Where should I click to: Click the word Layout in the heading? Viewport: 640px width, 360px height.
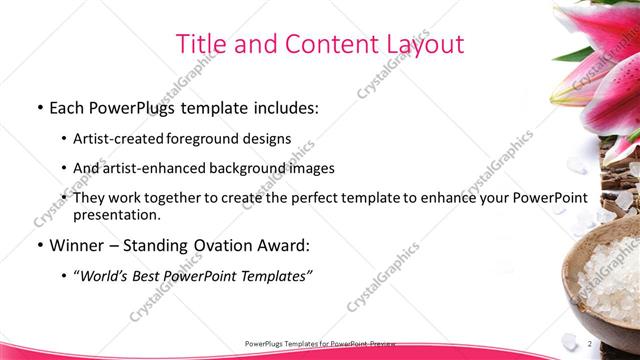[x=421, y=44]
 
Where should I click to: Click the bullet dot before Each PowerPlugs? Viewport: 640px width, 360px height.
[x=38, y=106]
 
